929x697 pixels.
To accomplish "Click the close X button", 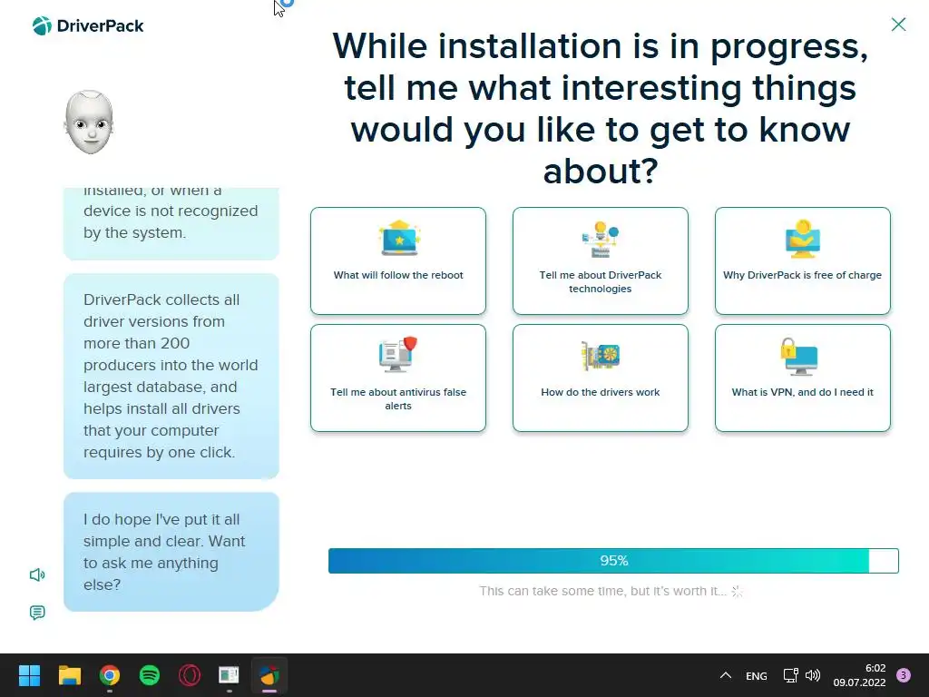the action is point(898,25).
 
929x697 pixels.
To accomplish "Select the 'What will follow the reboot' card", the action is point(398,260).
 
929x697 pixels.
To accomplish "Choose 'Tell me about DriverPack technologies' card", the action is point(601,260).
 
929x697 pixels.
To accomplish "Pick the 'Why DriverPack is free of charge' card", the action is point(802,260).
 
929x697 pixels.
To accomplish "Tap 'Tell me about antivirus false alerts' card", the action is point(398,378).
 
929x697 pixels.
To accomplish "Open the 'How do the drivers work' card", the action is point(601,378).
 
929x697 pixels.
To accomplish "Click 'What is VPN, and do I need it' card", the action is point(802,378).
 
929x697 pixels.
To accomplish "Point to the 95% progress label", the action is point(614,561).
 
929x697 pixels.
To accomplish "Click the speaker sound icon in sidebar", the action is point(37,574).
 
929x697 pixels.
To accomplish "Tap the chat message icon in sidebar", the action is point(37,613).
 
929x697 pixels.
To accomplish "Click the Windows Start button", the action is point(29,675).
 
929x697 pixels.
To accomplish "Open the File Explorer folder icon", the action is point(70,675).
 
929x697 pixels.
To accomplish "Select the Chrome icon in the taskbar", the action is point(110,675).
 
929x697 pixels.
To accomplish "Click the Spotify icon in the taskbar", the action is point(150,675).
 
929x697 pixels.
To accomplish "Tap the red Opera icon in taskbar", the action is point(190,675).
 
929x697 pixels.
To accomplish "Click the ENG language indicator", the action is point(756,675).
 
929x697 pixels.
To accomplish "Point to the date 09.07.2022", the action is point(859,682).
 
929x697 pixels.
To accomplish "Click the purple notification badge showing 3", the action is point(904,675).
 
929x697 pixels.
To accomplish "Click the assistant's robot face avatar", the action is point(89,123).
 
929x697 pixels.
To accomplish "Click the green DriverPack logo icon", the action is point(42,25).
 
